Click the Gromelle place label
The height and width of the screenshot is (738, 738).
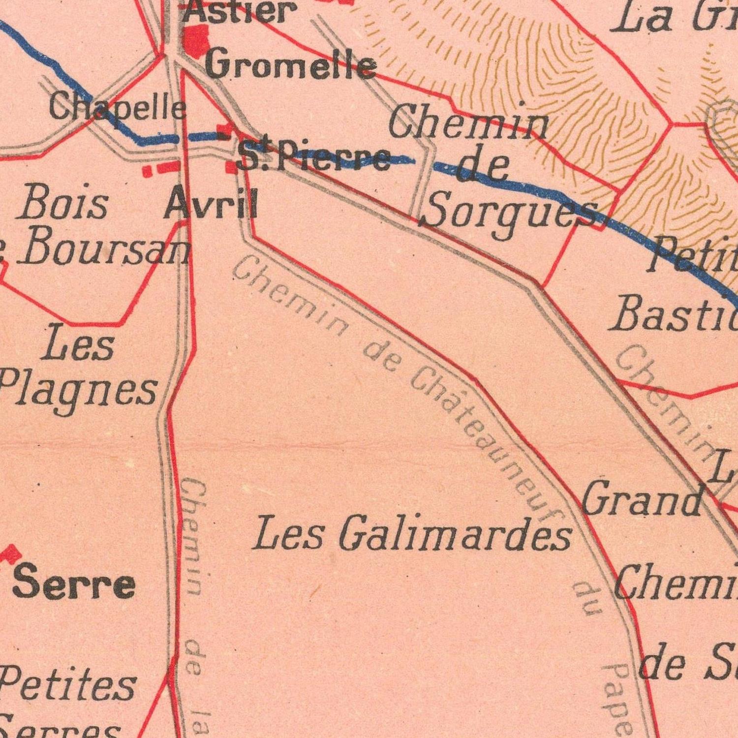(x=291, y=65)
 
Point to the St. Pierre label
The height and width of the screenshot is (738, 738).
(x=313, y=157)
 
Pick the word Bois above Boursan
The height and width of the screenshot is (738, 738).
(x=63, y=203)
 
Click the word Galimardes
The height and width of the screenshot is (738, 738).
(x=455, y=534)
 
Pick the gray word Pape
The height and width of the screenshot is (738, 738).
(x=617, y=699)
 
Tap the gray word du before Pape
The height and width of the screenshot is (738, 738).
(x=588, y=598)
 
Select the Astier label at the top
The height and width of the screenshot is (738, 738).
(x=240, y=11)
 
